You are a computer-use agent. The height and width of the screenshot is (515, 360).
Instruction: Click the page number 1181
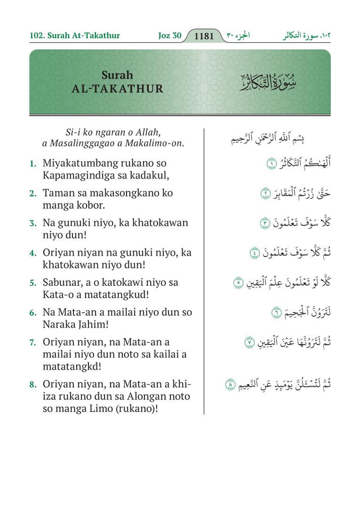(204, 36)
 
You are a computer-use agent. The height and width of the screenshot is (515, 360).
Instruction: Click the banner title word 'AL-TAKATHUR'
(118, 89)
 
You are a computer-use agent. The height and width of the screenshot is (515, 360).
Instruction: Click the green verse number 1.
(33, 164)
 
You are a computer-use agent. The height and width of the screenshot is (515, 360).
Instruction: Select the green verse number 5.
(33, 283)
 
